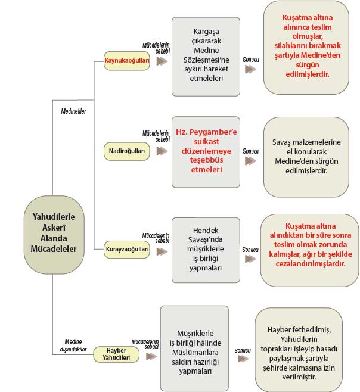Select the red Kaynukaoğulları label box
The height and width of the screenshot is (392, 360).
coord(127,61)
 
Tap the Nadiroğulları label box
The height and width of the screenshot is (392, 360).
coord(127,151)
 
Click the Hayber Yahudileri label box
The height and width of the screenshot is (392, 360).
coord(116,354)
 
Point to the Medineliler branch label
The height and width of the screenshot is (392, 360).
coord(74,110)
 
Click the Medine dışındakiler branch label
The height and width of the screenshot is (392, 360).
coord(74,345)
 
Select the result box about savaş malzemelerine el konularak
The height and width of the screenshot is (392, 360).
coord(306,157)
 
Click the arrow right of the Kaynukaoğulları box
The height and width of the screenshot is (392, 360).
coord(161,61)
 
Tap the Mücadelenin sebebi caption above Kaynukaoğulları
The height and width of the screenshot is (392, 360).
coord(156,48)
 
